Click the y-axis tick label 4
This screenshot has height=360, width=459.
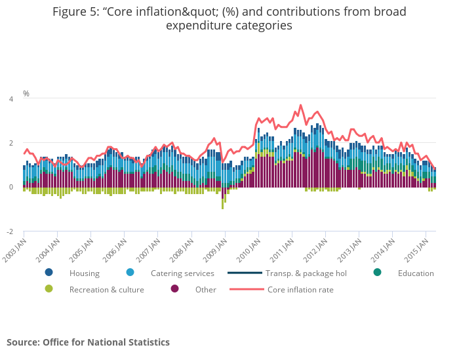pos(10,99)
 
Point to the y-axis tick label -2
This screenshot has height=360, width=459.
pos(9,231)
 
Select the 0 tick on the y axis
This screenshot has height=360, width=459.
pos(10,188)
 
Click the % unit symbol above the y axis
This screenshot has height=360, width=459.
pos(26,94)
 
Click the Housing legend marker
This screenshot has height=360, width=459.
pos(49,273)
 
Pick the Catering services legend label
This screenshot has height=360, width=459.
pos(182,273)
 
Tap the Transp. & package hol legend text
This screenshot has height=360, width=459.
pos(306,273)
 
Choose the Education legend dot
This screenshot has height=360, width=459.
pos(377,273)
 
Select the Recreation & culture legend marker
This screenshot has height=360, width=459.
pos(49,289)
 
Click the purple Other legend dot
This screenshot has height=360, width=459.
pos(174,289)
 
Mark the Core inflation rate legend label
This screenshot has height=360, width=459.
pos(300,290)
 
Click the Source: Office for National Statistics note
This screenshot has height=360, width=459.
pos(88,342)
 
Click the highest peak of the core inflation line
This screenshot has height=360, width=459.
pos(301,105)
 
